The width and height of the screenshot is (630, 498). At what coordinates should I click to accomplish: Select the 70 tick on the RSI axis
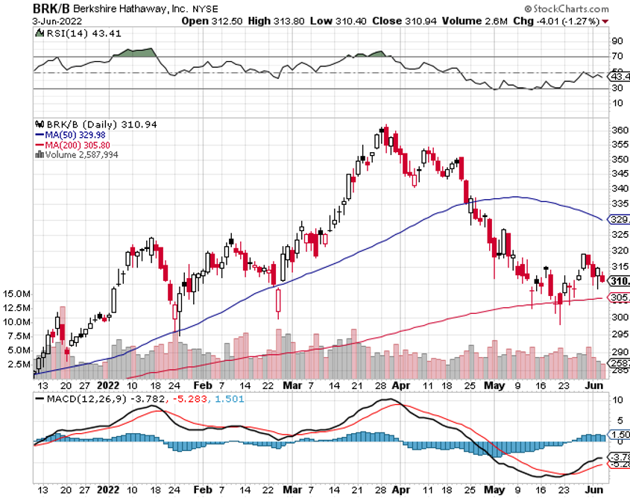(x=617, y=56)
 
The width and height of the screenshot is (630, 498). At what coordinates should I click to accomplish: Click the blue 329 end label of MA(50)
(x=618, y=219)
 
